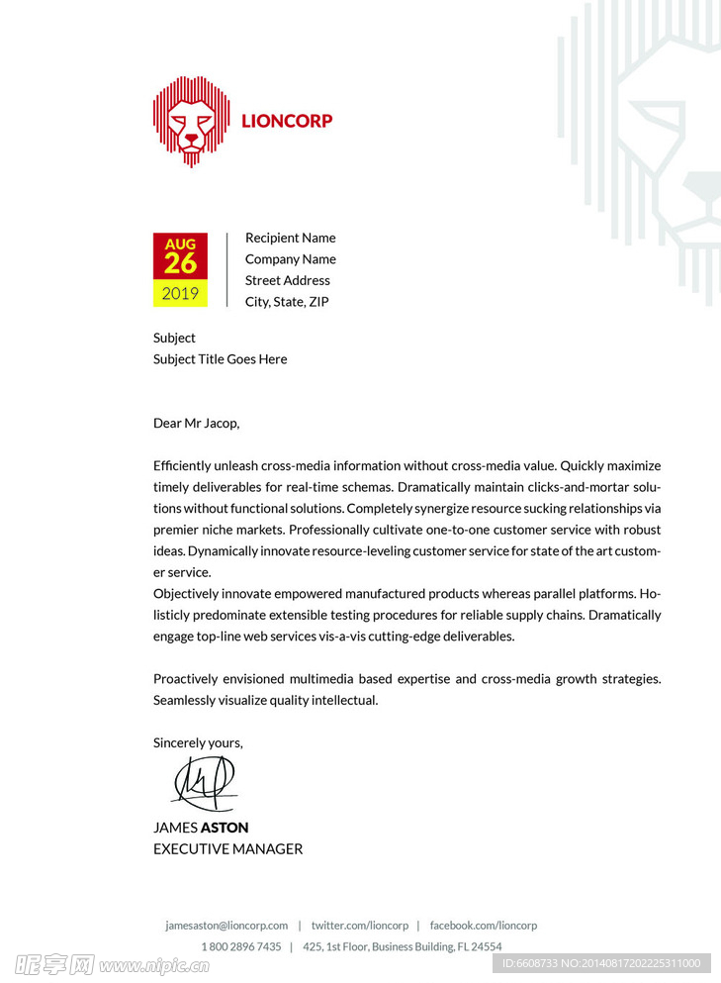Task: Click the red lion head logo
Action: click(x=191, y=121)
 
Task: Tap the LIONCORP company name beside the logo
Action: click(x=287, y=121)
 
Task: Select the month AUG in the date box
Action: click(x=180, y=244)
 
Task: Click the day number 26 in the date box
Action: click(x=180, y=263)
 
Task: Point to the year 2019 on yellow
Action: click(x=180, y=293)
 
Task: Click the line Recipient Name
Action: click(x=290, y=238)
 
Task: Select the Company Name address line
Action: click(x=290, y=259)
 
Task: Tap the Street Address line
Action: click(x=287, y=280)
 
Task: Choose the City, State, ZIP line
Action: click(x=287, y=302)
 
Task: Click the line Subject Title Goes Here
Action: click(x=220, y=359)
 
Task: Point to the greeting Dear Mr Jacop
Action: click(x=196, y=424)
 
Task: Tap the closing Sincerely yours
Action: click(x=198, y=743)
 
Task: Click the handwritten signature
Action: click(x=204, y=783)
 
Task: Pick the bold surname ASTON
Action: click(x=225, y=828)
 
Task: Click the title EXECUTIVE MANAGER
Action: click(x=227, y=849)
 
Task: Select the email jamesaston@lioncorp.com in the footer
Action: click(x=226, y=926)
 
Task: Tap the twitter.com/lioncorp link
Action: click(x=359, y=926)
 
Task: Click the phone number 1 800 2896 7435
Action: click(x=241, y=947)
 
